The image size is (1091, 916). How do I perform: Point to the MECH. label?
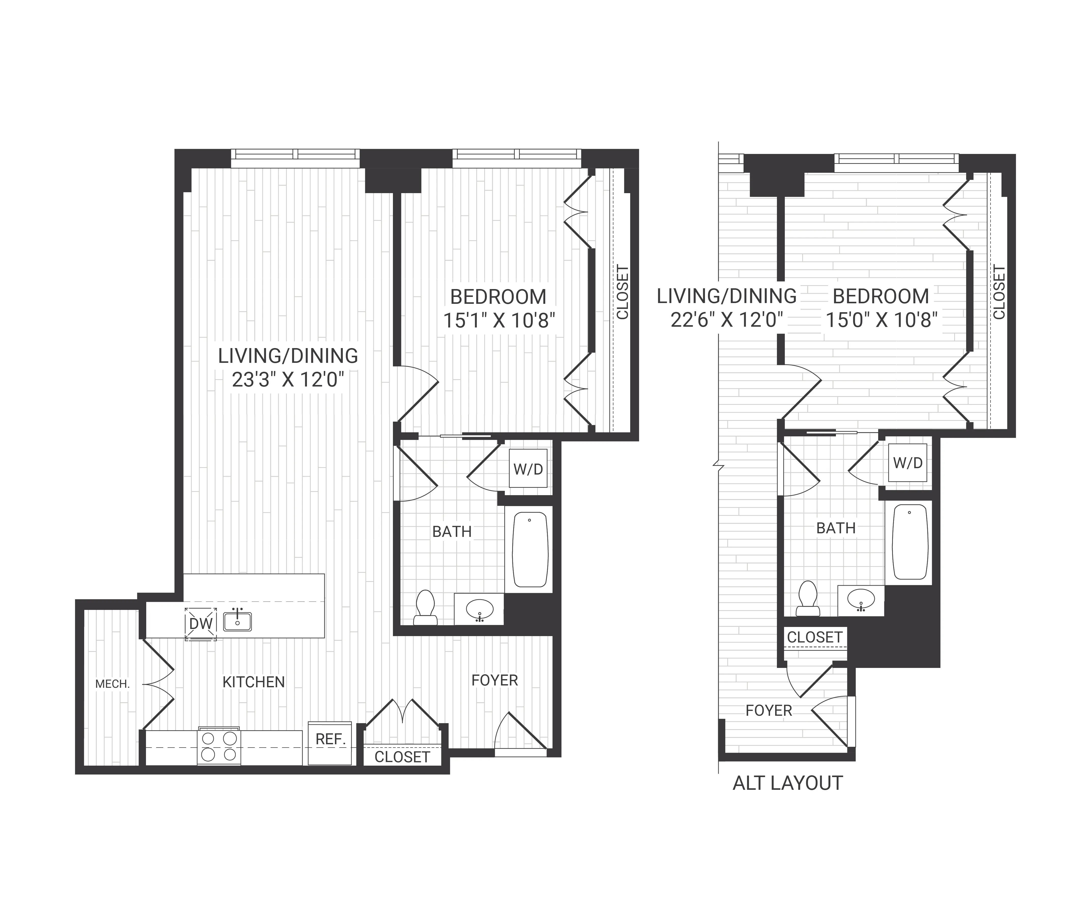point(112,684)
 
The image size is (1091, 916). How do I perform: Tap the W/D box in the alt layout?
point(907,463)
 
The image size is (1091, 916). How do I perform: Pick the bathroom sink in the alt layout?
point(860,600)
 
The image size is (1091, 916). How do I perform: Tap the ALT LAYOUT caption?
point(787,783)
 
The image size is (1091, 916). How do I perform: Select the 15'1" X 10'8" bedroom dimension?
point(499,321)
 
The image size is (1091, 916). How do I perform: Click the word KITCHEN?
point(254,682)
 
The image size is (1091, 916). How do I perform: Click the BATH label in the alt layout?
point(835,528)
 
